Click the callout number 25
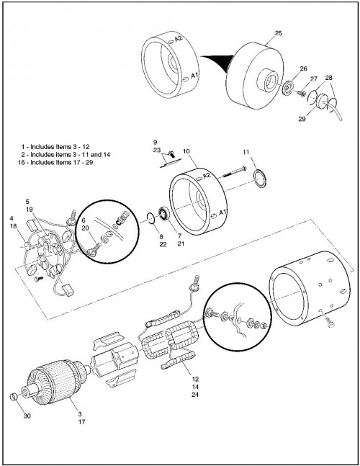point(278,33)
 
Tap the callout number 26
point(303,68)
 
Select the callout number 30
point(27,416)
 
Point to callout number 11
point(246,152)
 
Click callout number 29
point(302,119)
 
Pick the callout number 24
point(195,395)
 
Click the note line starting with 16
point(55,162)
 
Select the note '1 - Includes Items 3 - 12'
point(55,147)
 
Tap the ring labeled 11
point(260,179)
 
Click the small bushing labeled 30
point(13,396)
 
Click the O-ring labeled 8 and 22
point(151,218)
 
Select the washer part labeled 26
point(288,88)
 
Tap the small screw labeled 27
point(301,94)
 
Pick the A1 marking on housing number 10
point(222,212)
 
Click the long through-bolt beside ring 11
point(234,171)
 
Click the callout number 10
point(186,151)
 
